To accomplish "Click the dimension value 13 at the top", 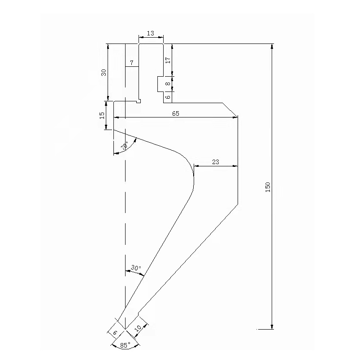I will click(x=150, y=34).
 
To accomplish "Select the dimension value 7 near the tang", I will click(x=131, y=63).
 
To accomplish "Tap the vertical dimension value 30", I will click(x=104, y=73).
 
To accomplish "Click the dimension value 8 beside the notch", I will click(x=168, y=83).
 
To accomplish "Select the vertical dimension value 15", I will click(x=102, y=115).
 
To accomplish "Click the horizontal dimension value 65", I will click(x=175, y=114).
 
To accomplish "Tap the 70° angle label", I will click(x=124, y=146).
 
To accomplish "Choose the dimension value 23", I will click(x=215, y=162).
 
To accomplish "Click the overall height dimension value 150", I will click(x=268, y=187).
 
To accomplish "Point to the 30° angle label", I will click(x=136, y=268).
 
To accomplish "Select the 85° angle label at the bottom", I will click(x=126, y=345).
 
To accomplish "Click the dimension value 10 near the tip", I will click(x=138, y=328).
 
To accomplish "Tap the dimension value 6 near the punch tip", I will click(x=115, y=332).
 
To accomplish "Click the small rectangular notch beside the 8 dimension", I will click(x=160, y=84).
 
